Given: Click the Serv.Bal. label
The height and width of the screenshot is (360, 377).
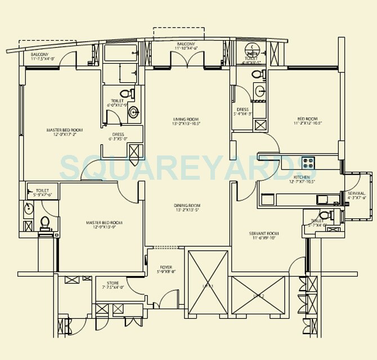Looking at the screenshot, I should pos(357,195).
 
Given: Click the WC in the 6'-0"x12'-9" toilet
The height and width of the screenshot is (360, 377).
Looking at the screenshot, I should pos(127,94).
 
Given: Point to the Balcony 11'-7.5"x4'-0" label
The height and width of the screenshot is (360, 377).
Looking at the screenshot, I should pos(42,56).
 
